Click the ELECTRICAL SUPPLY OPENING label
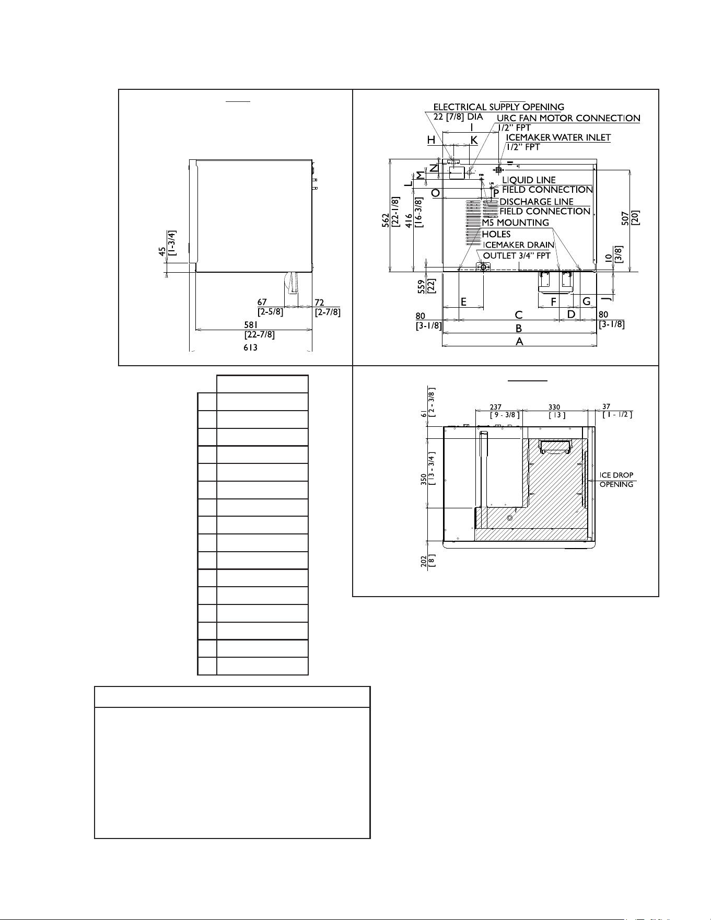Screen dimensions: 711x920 tap(499, 107)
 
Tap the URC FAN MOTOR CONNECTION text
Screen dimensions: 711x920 tap(568, 118)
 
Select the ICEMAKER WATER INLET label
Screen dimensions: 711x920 tap(558, 137)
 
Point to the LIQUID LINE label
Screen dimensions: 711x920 tap(529, 180)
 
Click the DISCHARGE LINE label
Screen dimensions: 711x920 tap(537, 202)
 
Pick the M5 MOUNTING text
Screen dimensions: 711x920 tap(516, 223)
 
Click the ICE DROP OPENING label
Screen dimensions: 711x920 tap(616, 480)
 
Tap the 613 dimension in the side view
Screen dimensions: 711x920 tap(250, 347)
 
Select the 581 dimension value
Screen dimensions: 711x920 tap(252, 324)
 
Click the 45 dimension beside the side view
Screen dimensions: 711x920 tap(162, 251)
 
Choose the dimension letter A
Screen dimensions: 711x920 tap(519, 341)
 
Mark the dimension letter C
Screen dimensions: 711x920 tap(519, 315)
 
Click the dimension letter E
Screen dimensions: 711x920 tap(463, 302)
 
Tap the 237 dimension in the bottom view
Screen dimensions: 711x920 tap(496, 407)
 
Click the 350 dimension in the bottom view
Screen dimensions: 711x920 tap(424, 480)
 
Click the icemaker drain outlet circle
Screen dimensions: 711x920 tap(483, 267)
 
